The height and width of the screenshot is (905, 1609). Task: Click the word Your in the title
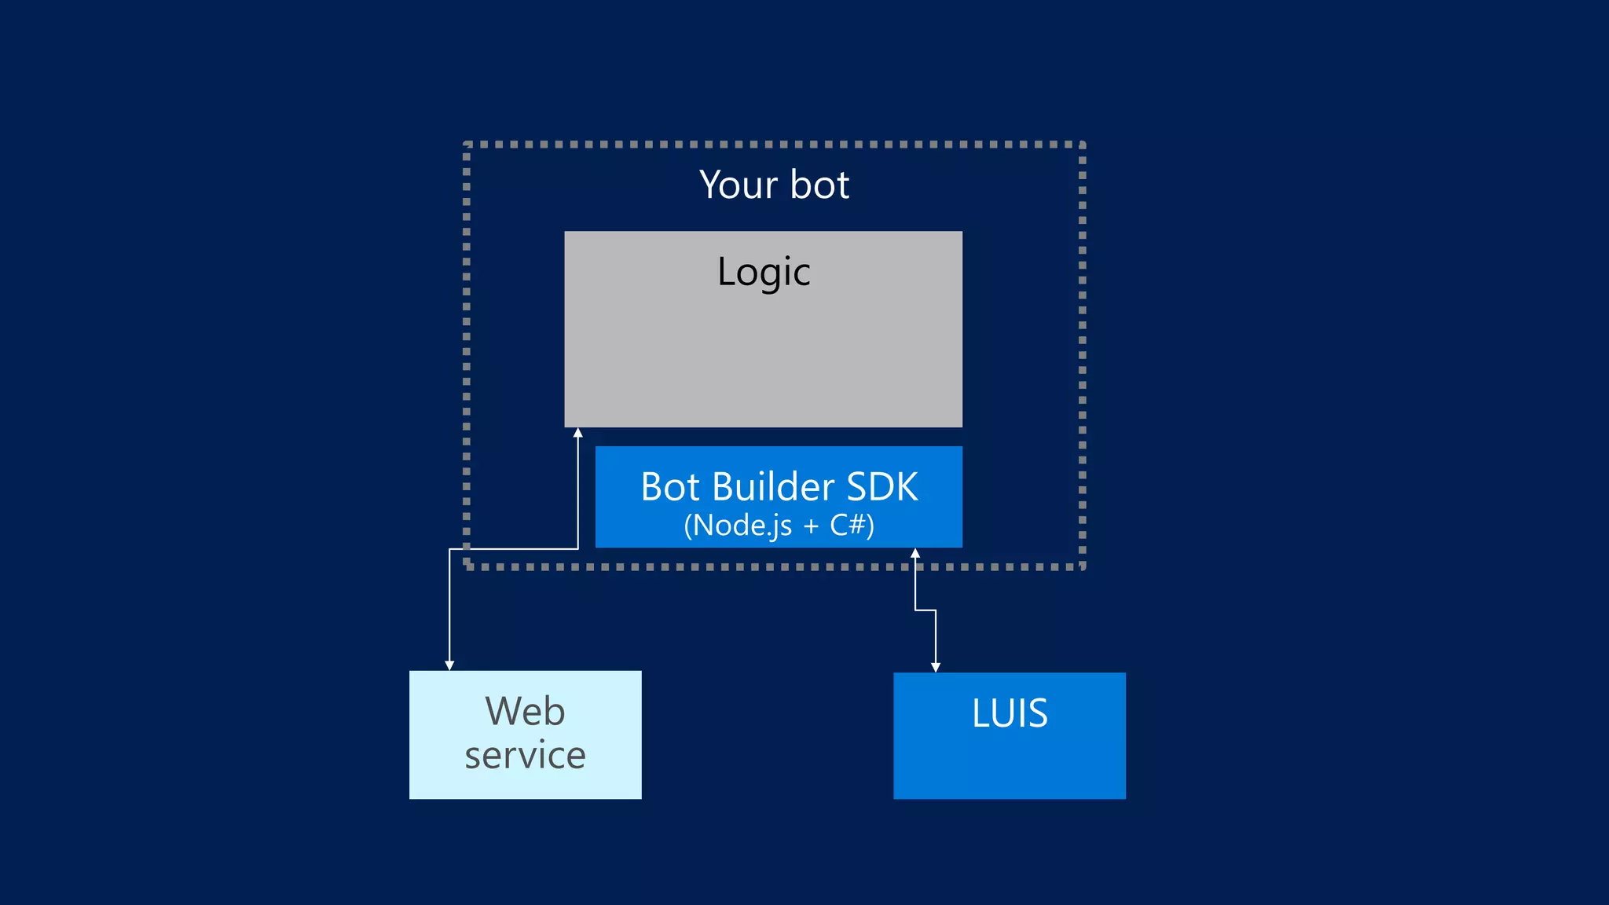click(738, 185)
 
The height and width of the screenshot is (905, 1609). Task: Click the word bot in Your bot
click(819, 185)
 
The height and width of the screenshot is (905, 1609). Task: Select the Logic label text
click(763, 273)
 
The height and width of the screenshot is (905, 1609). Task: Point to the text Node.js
click(742, 525)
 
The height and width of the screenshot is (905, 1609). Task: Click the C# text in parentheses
click(847, 525)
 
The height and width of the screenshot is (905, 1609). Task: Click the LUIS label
click(1010, 713)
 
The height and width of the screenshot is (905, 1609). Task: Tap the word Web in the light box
click(525, 711)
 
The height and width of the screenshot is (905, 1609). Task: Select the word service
click(525, 755)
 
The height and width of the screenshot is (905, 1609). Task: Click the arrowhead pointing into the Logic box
click(578, 433)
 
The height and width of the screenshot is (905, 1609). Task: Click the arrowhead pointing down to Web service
click(449, 665)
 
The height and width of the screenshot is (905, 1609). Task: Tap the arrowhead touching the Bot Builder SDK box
click(915, 553)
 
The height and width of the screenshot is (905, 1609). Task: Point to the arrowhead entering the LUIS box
click(936, 667)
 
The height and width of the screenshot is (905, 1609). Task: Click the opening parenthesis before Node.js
click(687, 526)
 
